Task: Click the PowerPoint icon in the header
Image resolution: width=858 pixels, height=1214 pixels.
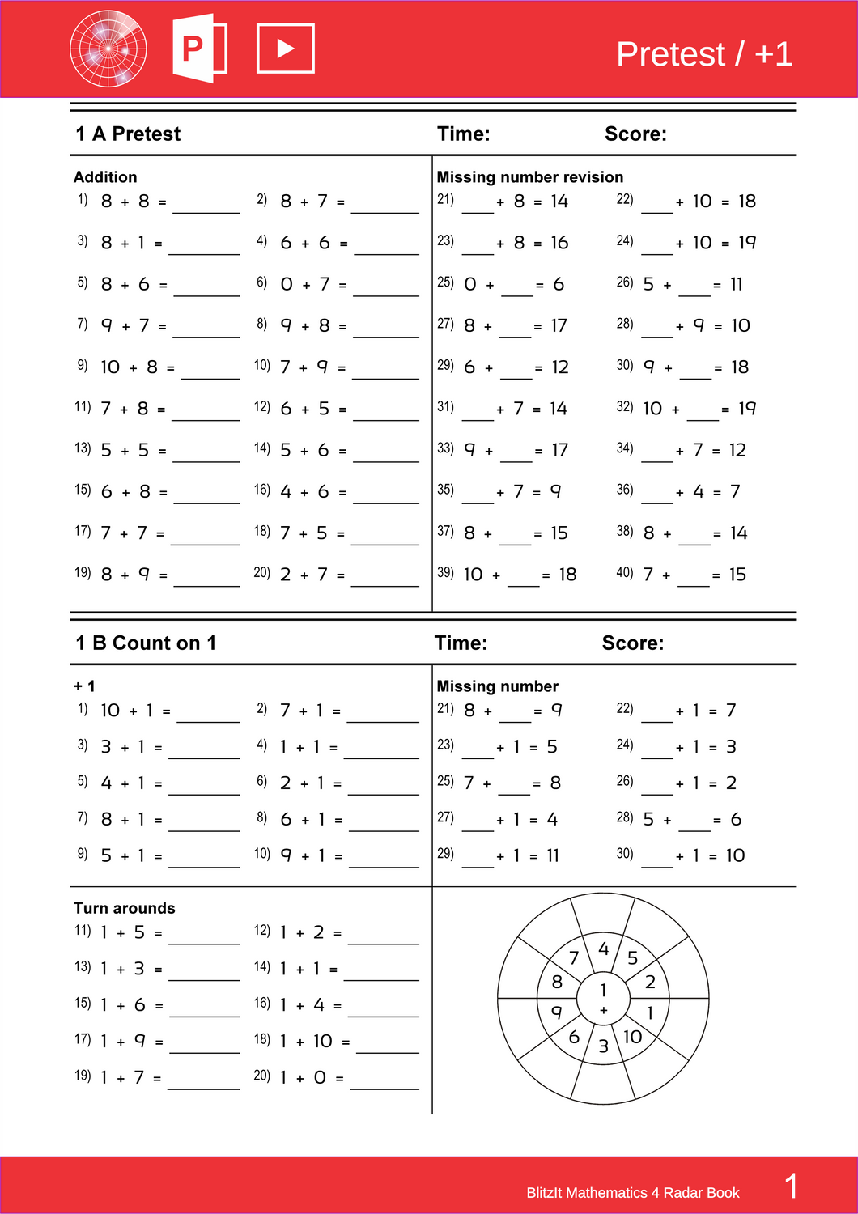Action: tap(199, 49)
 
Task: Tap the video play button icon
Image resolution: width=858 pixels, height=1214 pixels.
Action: tap(285, 49)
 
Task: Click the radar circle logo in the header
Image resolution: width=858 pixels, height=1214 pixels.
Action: tap(108, 49)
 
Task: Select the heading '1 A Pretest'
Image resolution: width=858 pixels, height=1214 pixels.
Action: tap(128, 134)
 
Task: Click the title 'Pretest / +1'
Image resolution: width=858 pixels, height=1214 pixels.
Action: tap(703, 54)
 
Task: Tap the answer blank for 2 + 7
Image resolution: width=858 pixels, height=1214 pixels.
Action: tap(384, 578)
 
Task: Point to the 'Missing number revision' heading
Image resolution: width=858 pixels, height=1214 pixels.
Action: tap(529, 177)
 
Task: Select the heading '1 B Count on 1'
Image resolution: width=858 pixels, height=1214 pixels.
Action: tap(146, 643)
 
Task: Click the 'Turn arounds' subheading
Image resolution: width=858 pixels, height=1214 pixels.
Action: tap(124, 908)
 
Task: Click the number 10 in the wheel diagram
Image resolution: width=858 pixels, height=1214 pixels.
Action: tap(632, 1037)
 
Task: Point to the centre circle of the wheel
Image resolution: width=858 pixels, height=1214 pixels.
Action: tap(603, 998)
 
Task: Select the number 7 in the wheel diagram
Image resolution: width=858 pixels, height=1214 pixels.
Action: tap(574, 958)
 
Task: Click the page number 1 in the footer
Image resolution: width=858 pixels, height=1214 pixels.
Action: tap(791, 1186)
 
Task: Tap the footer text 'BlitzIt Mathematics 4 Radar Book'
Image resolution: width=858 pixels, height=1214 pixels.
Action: tap(632, 1193)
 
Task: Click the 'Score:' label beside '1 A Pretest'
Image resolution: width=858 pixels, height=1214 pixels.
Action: tap(635, 134)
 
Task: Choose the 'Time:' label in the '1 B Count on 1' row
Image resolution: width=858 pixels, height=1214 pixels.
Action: tap(461, 643)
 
